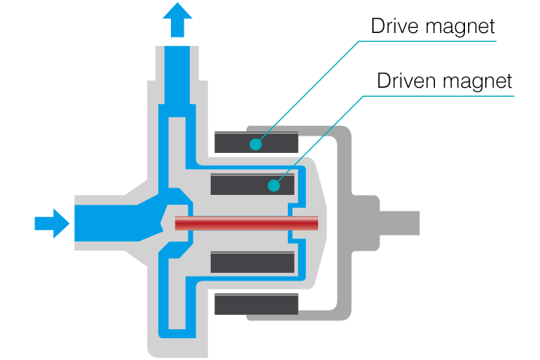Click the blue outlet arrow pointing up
(x=177, y=20)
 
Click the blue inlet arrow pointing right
(x=52, y=223)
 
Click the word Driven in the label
(x=407, y=80)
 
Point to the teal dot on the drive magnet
(x=256, y=144)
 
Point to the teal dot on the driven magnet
(x=274, y=185)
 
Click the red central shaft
(x=246, y=223)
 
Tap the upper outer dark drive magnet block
(x=256, y=142)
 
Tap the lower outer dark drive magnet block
(x=256, y=304)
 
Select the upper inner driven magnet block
(x=253, y=184)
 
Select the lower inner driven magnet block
(x=253, y=262)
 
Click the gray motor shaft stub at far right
(x=400, y=223)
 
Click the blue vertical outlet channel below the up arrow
(x=177, y=75)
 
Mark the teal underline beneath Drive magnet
(x=427, y=41)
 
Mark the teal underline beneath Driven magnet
(x=439, y=96)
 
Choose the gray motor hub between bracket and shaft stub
(x=365, y=223)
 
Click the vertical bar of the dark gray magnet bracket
(x=344, y=223)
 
